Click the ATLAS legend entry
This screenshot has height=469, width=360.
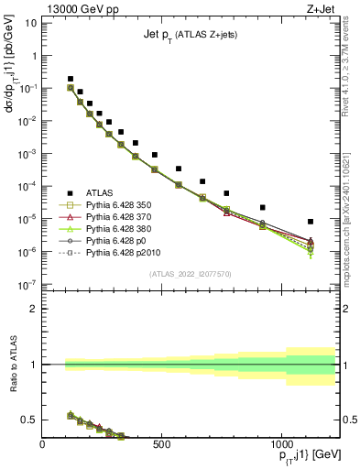100,192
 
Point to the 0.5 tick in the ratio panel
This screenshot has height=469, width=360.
30,420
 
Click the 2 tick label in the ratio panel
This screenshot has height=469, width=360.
33,309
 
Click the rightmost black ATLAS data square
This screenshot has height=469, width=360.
311,222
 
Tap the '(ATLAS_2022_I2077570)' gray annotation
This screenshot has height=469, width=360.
190,273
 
